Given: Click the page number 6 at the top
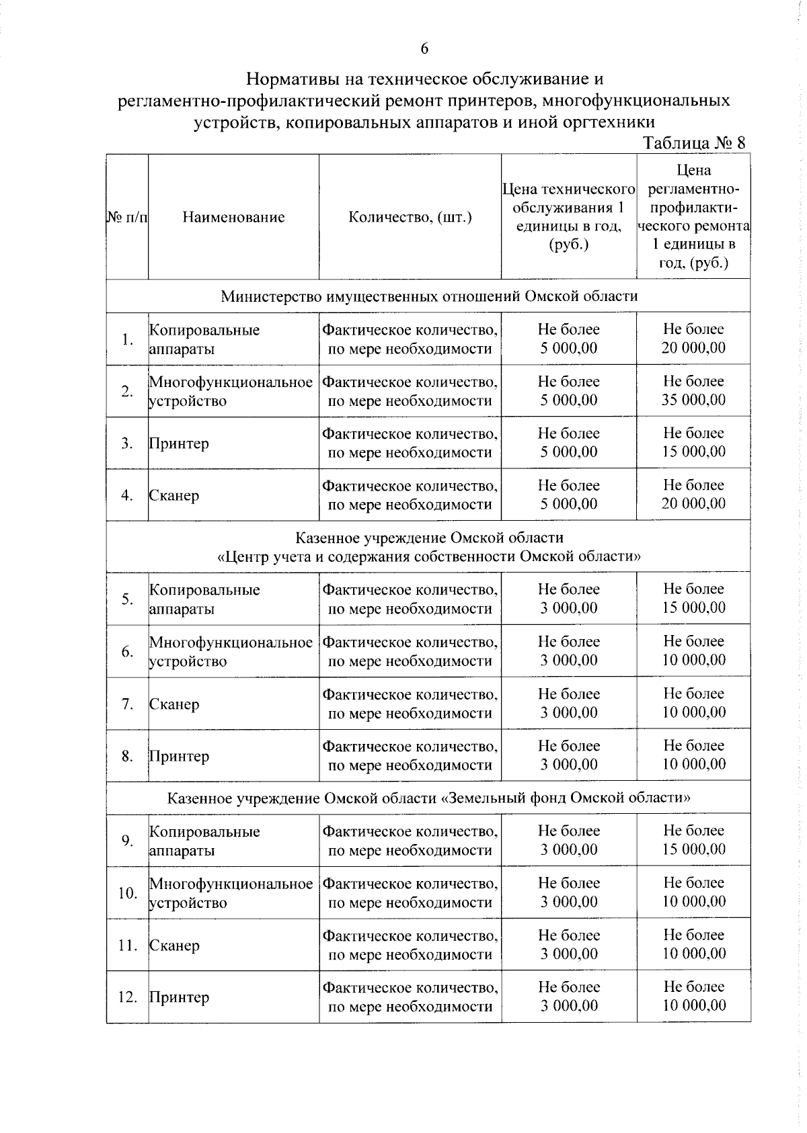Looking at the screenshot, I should coord(424,48).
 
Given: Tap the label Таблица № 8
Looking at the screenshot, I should coord(694,143).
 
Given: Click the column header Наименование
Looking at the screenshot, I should coord(233,217).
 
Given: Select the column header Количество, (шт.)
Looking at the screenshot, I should coord(410,217).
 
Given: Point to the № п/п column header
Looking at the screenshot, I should coord(127,217).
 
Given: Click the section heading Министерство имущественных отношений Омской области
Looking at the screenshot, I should coord(429,296).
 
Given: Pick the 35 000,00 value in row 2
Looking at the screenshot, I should coord(693,400).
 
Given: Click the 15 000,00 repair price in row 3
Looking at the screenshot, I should coord(693,452).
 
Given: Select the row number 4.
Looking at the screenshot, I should coord(127,495).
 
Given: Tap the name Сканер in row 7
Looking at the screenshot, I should coord(174,704).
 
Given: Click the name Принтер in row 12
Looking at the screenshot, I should coord(179,997).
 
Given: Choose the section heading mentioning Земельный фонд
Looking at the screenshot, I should coord(429,798).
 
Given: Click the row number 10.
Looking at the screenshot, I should coord(127,893).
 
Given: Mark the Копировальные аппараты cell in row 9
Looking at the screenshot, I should coord(204,841).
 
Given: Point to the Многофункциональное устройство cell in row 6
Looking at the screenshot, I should coord(231,651).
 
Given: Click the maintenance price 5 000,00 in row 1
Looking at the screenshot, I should coord(569,348).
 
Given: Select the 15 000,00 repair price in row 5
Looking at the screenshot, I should coord(693,607).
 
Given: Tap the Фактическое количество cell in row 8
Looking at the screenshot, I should coord(410,756).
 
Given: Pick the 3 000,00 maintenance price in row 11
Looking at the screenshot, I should coord(569,954).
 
